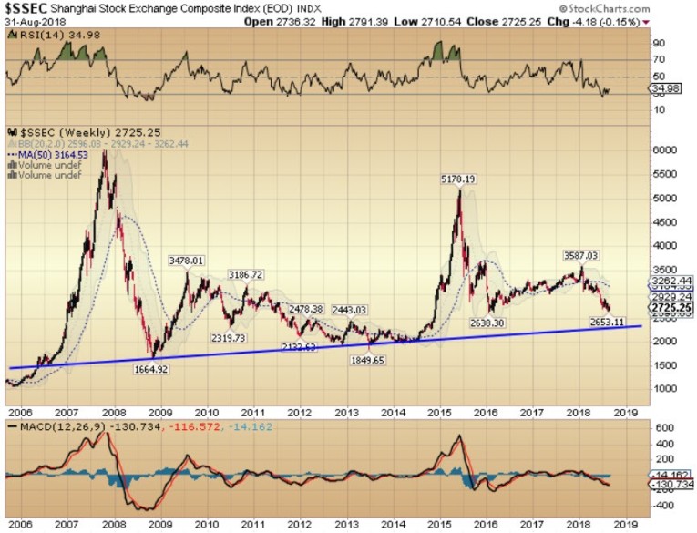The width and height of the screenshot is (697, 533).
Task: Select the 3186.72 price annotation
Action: pyautogui.click(x=245, y=274)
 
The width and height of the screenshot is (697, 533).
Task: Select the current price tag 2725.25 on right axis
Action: pyautogui.click(x=677, y=309)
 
